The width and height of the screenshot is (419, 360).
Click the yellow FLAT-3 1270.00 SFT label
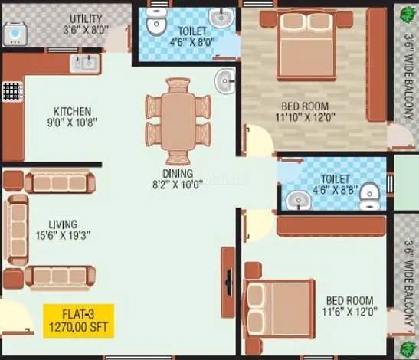coord(79,321)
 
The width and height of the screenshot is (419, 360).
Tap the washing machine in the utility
coord(15,34)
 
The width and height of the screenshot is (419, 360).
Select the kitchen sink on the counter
coord(85,63)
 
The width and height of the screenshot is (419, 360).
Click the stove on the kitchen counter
coord(12,91)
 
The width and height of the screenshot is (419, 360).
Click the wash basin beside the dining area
coord(225,81)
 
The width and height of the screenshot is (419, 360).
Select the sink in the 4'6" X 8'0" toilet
coord(221,17)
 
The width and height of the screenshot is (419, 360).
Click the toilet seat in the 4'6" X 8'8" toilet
coord(370,196)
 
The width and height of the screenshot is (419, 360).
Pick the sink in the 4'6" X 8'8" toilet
coord(298,200)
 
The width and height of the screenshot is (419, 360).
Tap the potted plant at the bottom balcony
coord(408,349)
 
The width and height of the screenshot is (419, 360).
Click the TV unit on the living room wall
coord(228,282)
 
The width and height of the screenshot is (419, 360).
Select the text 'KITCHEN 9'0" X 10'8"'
coord(72,116)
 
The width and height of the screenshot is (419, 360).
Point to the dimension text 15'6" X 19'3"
coord(64,235)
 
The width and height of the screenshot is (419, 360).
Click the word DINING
coord(178,173)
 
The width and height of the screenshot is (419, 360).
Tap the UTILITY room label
coord(86,19)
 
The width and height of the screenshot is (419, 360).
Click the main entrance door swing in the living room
coord(17,317)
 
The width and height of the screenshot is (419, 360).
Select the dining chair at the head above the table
coord(178,85)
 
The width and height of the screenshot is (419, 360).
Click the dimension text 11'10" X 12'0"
coord(305,117)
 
